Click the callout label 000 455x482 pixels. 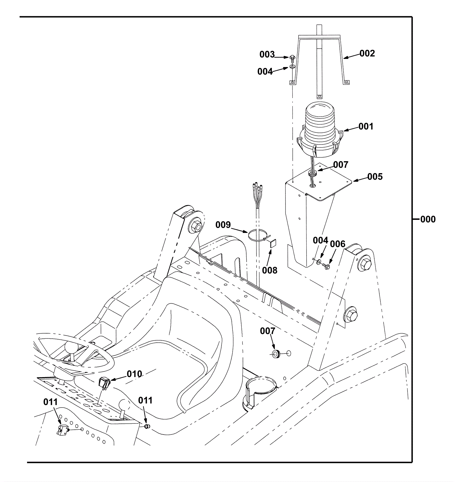click(428, 219)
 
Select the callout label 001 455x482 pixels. click(366, 126)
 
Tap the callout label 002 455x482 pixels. click(367, 53)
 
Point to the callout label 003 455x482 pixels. click(267, 54)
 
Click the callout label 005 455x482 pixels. click(375, 177)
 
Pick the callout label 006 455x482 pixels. click(338, 244)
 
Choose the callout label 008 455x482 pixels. click(270, 270)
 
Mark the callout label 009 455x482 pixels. click(223, 225)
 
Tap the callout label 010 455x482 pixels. click(134, 374)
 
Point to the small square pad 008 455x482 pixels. click(273, 244)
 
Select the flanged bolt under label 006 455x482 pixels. click(327, 266)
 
